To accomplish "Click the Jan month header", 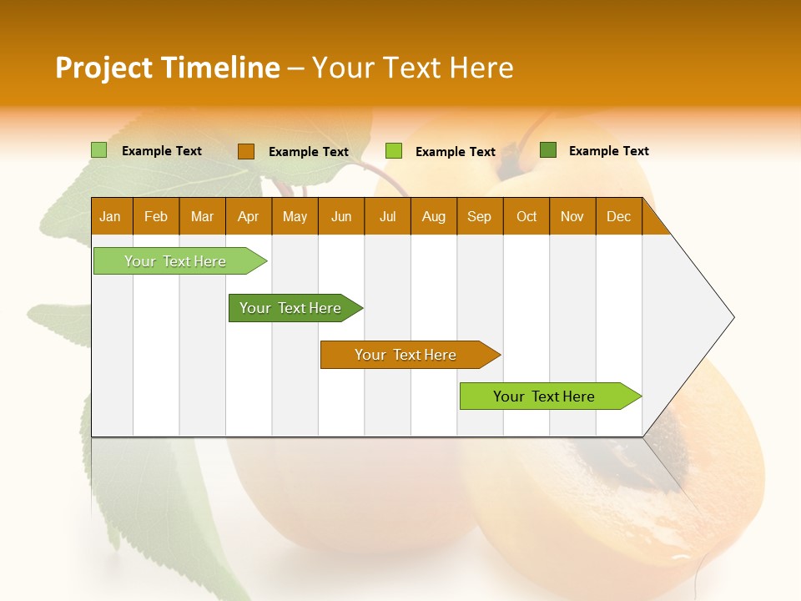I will click(x=111, y=216).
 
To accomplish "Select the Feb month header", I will click(x=156, y=216).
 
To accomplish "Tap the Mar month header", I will click(x=202, y=216).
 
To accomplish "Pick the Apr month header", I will click(x=249, y=216).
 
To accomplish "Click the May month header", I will click(x=295, y=216).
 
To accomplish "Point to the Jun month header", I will click(x=341, y=216).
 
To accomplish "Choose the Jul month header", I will click(x=387, y=216).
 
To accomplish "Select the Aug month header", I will click(x=434, y=216).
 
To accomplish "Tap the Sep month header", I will click(x=480, y=216).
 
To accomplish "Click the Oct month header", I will click(x=526, y=216).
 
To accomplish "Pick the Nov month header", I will click(x=572, y=216).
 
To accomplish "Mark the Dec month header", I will click(x=619, y=216).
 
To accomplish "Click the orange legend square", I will click(x=245, y=151).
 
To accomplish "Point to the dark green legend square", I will click(x=548, y=150).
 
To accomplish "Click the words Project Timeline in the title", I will click(x=168, y=68).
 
